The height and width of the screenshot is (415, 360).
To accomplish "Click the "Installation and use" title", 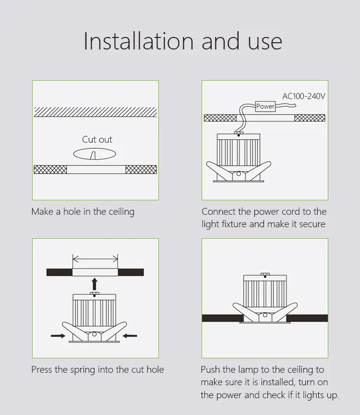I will [182, 41].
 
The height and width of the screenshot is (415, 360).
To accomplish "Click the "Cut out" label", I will [97, 140].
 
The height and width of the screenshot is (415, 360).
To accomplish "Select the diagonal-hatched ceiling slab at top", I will [95, 111].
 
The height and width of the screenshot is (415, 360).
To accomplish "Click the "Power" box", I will [265, 106].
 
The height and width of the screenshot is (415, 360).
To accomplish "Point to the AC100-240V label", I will [303, 96].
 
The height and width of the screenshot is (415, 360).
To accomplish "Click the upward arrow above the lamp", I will [95, 283].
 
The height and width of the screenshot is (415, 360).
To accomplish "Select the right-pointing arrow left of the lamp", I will [58, 336].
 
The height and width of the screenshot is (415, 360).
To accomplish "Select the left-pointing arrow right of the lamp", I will [130, 336].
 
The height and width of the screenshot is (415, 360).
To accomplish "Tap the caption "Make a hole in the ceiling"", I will [83, 212].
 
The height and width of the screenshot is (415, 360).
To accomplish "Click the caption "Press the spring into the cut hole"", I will [97, 370].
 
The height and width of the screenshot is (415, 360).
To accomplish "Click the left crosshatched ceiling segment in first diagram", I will [50, 170].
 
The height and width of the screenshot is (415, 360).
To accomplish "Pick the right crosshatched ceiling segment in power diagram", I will [310, 118].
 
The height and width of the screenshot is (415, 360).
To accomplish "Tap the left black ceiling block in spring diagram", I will [59, 272].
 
